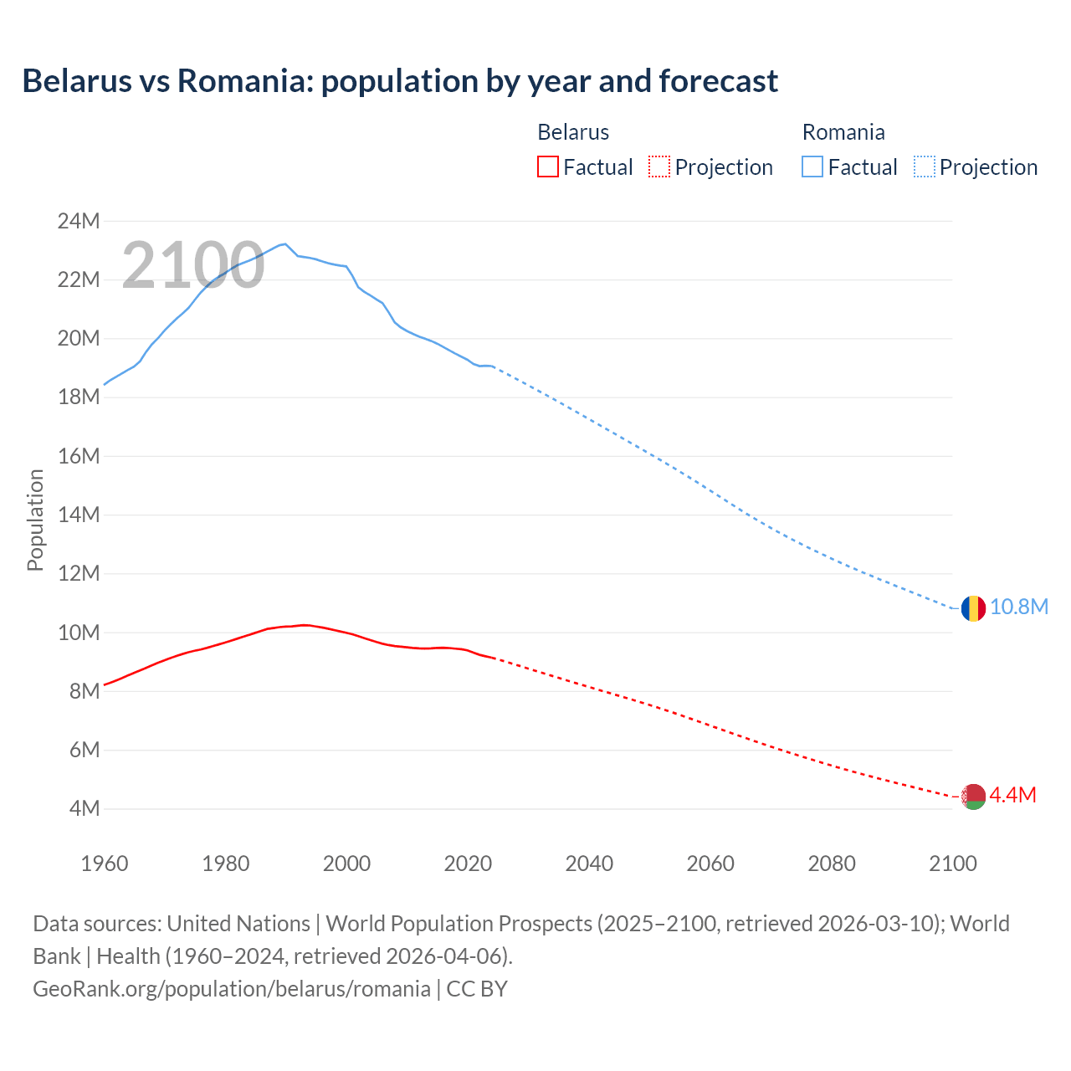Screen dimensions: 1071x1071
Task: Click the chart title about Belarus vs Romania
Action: [x=400, y=81]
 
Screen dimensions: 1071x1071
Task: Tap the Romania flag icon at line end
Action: [x=972, y=608]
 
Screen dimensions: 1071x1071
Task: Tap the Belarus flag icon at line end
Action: [x=972, y=797]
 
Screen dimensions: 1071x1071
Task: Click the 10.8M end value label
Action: [x=1018, y=607]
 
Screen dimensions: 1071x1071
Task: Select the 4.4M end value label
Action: [x=1012, y=796]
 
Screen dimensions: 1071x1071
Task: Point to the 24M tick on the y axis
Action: [x=79, y=222]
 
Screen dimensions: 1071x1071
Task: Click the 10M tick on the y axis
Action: [x=79, y=633]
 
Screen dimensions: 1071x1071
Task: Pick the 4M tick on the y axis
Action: [x=84, y=809]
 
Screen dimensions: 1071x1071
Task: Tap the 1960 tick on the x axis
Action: [x=105, y=863]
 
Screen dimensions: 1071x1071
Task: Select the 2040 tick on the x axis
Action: [x=589, y=863]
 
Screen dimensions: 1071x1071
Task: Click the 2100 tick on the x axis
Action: [x=952, y=863]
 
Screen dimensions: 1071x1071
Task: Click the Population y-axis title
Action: [x=35, y=520]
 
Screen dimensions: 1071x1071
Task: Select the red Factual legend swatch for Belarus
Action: [x=547, y=167]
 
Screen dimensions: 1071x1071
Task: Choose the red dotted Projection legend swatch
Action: [x=659, y=167]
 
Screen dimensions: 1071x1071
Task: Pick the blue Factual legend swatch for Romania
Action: [x=812, y=167]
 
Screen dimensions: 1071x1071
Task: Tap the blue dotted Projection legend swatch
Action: [x=924, y=167]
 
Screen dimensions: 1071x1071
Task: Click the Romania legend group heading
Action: [x=843, y=132]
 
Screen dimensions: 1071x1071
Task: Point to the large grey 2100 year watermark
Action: [x=193, y=266]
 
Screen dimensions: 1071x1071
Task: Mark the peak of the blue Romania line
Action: [x=285, y=243]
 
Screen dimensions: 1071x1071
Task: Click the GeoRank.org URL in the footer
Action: [x=232, y=989]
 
